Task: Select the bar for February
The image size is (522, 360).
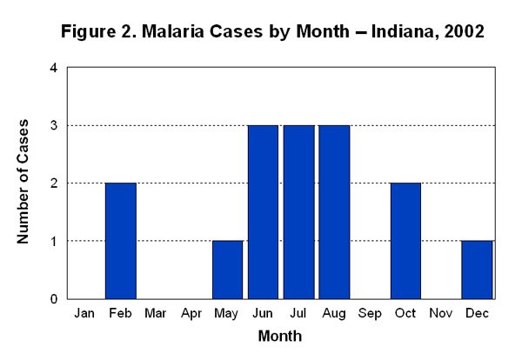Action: click(120, 241)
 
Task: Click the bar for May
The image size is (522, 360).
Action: click(228, 270)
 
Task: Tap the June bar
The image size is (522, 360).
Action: click(263, 212)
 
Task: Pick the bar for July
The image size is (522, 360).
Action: click(298, 212)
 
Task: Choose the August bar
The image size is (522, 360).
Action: click(335, 212)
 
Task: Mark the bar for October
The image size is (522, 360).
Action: click(406, 241)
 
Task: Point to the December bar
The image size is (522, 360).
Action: click(478, 270)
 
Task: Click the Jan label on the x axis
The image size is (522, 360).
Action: click(84, 313)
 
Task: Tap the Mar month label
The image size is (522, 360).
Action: click(156, 313)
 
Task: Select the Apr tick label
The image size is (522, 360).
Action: click(191, 313)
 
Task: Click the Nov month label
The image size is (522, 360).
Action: click(442, 313)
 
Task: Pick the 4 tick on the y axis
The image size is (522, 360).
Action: click(54, 68)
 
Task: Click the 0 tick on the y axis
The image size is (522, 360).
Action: click(54, 298)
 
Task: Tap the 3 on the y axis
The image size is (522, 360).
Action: click(54, 125)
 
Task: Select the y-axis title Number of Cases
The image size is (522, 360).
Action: click(25, 183)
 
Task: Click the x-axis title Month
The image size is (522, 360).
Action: click(280, 336)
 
